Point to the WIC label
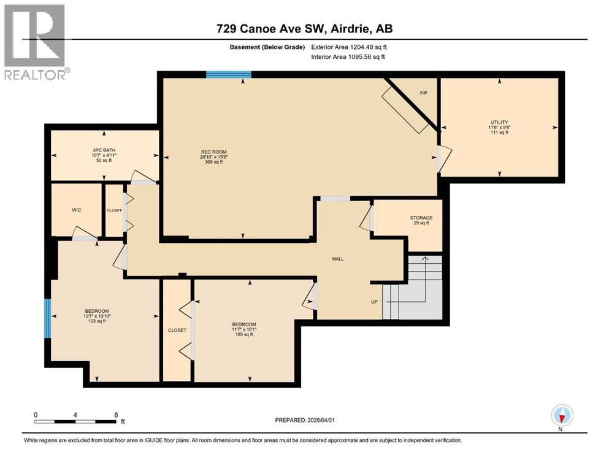pos(76,210)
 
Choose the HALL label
pos(337,259)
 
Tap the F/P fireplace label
pos(423,93)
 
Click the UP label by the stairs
pos(373,302)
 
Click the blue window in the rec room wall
pos(228,75)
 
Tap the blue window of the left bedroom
pos(47,318)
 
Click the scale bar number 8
pos(116,415)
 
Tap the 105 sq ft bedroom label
pos(243,329)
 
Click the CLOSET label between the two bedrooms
pos(177,330)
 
